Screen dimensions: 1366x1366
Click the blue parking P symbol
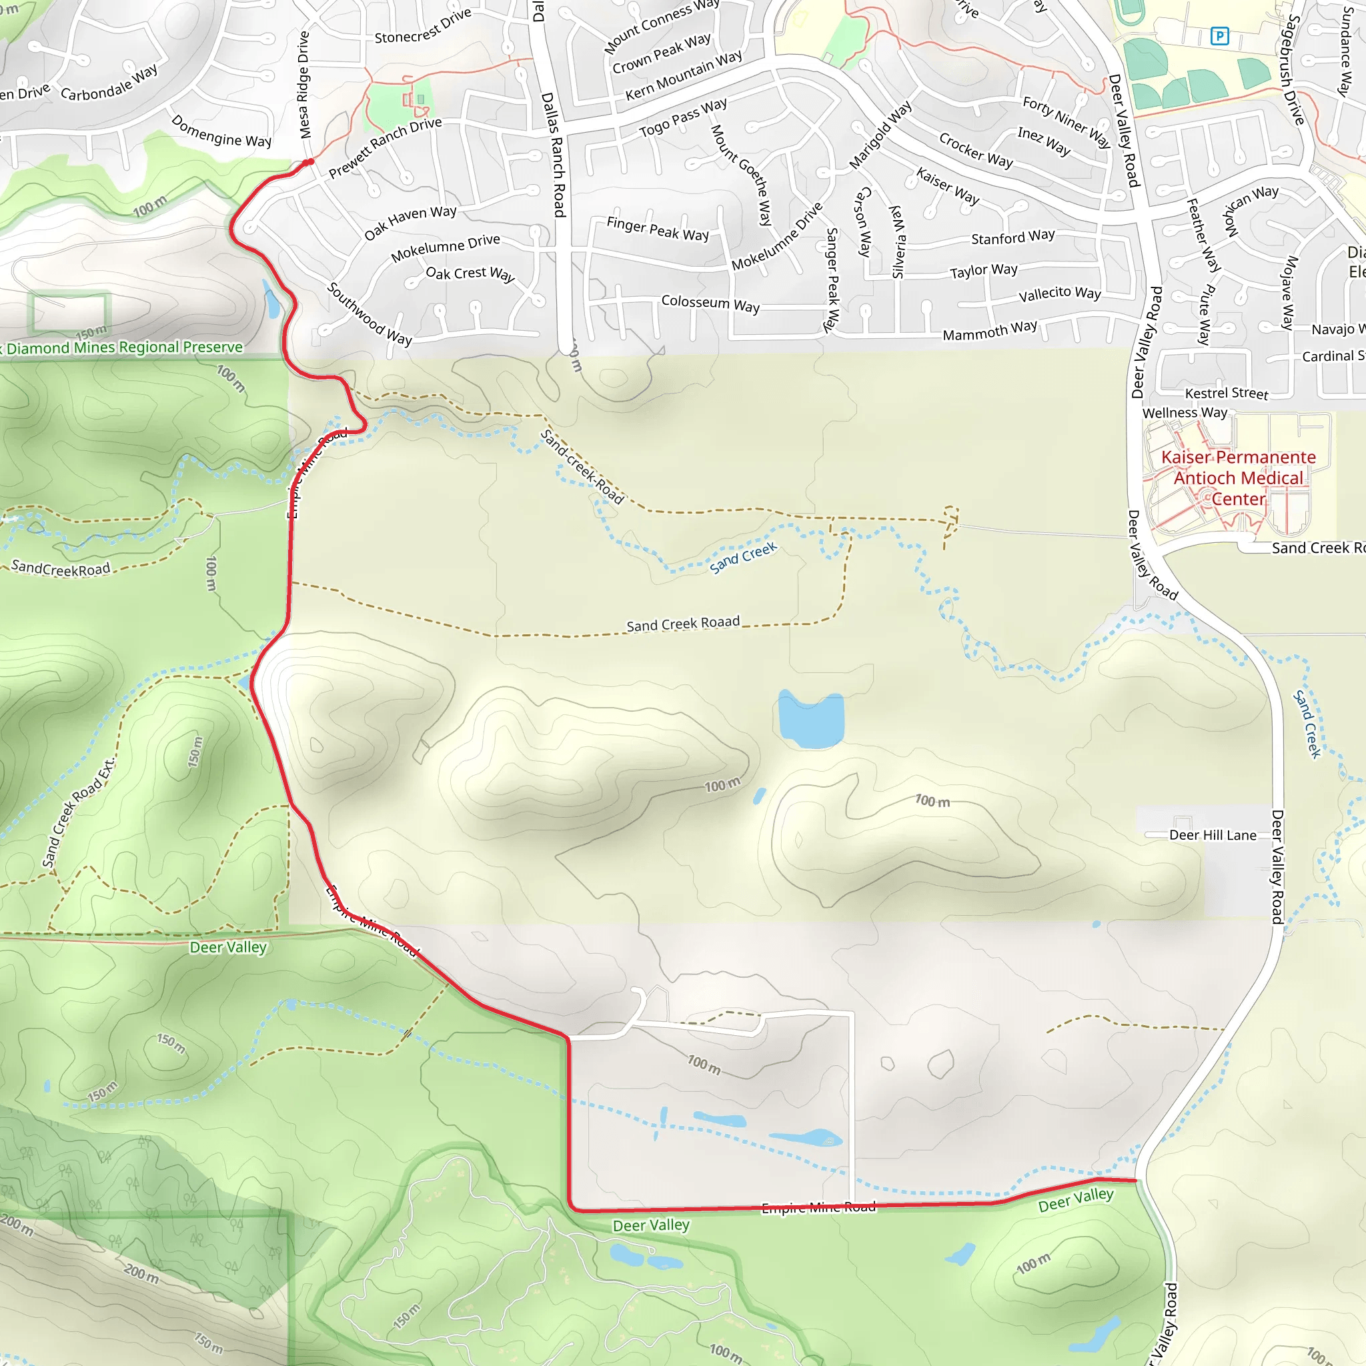[1220, 35]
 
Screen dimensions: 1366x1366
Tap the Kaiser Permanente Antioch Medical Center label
[1238, 478]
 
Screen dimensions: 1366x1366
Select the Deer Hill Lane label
[1213, 835]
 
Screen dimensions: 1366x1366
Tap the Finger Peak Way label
[658, 228]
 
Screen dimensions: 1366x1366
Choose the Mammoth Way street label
[990, 330]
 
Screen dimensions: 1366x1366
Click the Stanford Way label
[1012, 237]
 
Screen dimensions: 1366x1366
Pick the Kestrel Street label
[1226, 393]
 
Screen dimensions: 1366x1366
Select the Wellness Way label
[1185, 412]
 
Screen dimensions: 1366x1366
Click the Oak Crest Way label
[470, 273]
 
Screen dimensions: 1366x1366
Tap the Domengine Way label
[221, 131]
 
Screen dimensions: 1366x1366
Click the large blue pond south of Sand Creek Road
[811, 720]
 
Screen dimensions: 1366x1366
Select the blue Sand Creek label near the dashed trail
[743, 558]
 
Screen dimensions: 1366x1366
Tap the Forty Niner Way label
[1067, 121]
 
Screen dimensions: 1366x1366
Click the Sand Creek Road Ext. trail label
[78, 813]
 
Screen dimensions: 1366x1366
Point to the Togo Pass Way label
[682, 118]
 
